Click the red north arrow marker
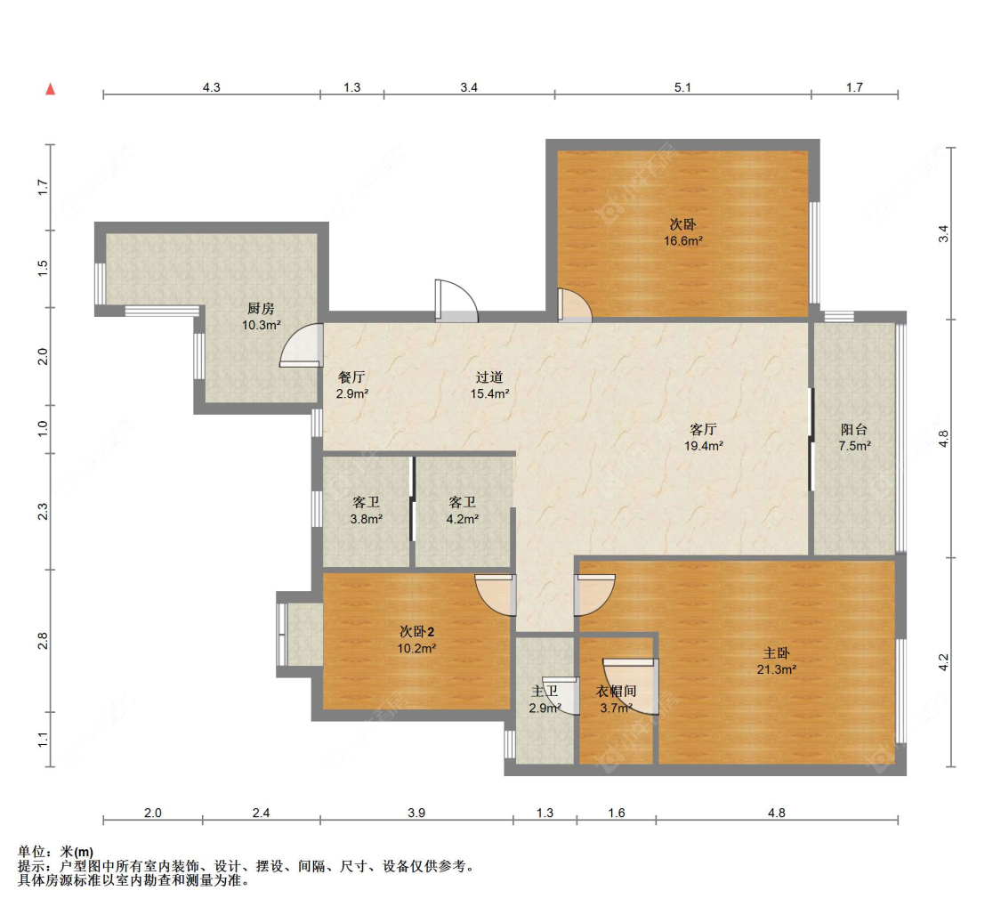click(51, 89)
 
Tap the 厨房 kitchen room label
click(261, 308)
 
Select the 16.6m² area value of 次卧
click(683, 240)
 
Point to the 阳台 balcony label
click(854, 430)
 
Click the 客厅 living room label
click(703, 430)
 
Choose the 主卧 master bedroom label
click(776, 653)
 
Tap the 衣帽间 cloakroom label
click(616, 691)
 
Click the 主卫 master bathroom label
click(545, 691)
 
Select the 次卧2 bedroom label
click(417, 631)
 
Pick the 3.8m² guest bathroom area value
click(367, 519)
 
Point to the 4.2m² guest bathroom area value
click(462, 519)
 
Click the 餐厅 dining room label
click(351, 377)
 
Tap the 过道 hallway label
click(489, 377)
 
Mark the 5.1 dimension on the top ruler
click(683, 87)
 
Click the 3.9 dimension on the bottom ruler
click(416, 813)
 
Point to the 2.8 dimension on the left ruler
click(43, 641)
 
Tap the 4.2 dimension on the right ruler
click(943, 662)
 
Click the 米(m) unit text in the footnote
click(77, 852)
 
